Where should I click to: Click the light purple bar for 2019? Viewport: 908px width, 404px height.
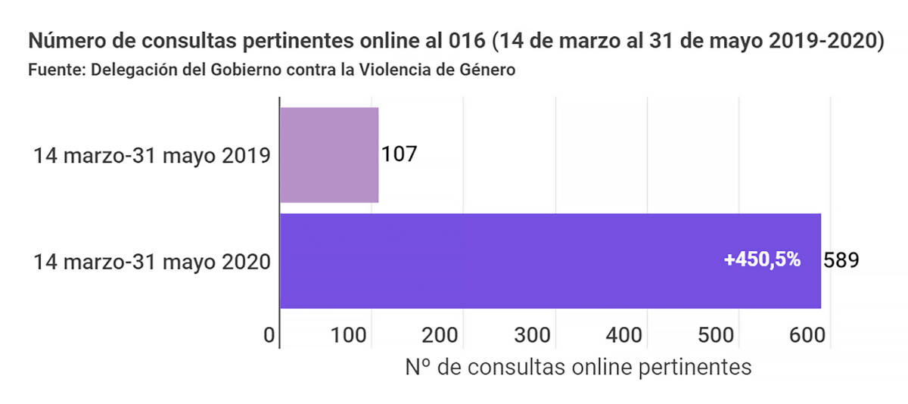click(329, 155)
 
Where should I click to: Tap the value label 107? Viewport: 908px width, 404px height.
click(400, 154)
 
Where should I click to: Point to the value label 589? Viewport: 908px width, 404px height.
click(841, 260)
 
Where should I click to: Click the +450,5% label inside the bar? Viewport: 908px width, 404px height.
click(762, 259)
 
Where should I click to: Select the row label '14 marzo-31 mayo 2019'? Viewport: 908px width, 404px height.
click(152, 157)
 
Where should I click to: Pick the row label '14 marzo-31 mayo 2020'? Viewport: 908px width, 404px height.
click(152, 262)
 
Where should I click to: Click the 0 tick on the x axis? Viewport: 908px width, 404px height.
click(269, 334)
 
